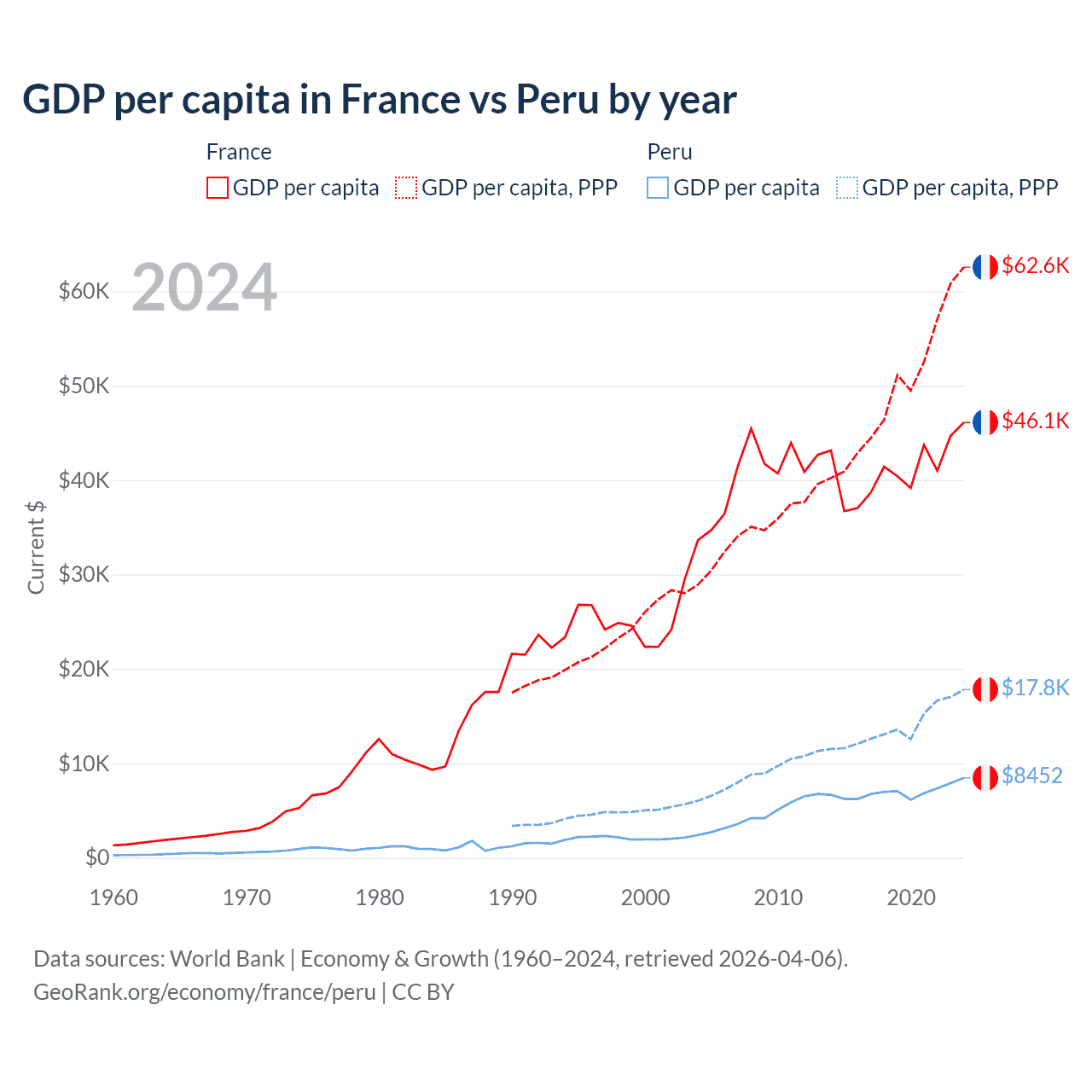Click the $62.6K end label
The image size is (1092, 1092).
[x=1035, y=265]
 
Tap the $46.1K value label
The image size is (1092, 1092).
[x=1035, y=421]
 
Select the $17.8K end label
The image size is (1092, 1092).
[x=1035, y=688]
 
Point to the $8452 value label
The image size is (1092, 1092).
[x=1031, y=775]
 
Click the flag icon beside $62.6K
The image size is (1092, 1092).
[x=985, y=267]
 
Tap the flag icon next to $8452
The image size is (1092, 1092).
[x=985, y=777]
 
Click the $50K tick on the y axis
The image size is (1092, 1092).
[x=84, y=386]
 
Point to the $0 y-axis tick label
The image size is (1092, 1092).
[x=97, y=857]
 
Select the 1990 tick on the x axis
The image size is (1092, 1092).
[x=513, y=897]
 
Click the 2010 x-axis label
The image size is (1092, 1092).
[x=778, y=897]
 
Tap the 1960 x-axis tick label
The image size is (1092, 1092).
[x=113, y=897]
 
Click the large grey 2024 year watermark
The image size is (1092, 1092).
[x=204, y=288]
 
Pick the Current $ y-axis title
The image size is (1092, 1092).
[x=36, y=548]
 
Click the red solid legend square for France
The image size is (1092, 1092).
[x=218, y=188]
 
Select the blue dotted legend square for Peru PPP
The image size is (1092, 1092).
[x=847, y=188]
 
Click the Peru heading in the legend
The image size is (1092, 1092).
[x=670, y=152]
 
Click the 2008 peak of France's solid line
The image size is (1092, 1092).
[x=751, y=429]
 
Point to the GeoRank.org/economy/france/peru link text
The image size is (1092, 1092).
[x=204, y=992]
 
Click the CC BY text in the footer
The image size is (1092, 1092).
[x=423, y=992]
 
